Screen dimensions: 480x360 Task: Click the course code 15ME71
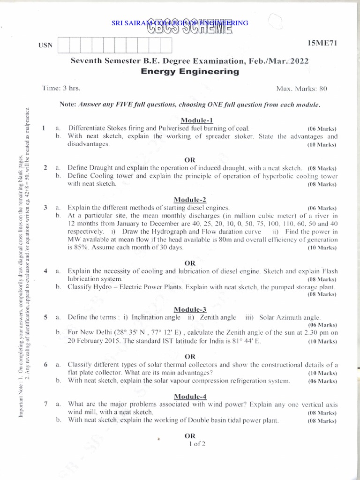pos(322,43)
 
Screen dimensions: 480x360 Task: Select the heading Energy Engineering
pos(190,72)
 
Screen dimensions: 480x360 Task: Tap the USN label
pos(44,45)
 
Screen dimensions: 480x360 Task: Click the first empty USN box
pos(63,45)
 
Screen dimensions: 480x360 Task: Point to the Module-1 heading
pos(190,120)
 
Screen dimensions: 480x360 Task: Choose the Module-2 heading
pos(190,200)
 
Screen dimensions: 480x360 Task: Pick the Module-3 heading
pos(190,309)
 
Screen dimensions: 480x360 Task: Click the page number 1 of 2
pos(197,444)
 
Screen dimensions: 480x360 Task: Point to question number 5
pos(45,317)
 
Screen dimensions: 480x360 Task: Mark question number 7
pos(45,404)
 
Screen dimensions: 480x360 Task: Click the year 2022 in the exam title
pos(298,61)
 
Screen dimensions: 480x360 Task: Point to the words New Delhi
pos(97,333)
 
